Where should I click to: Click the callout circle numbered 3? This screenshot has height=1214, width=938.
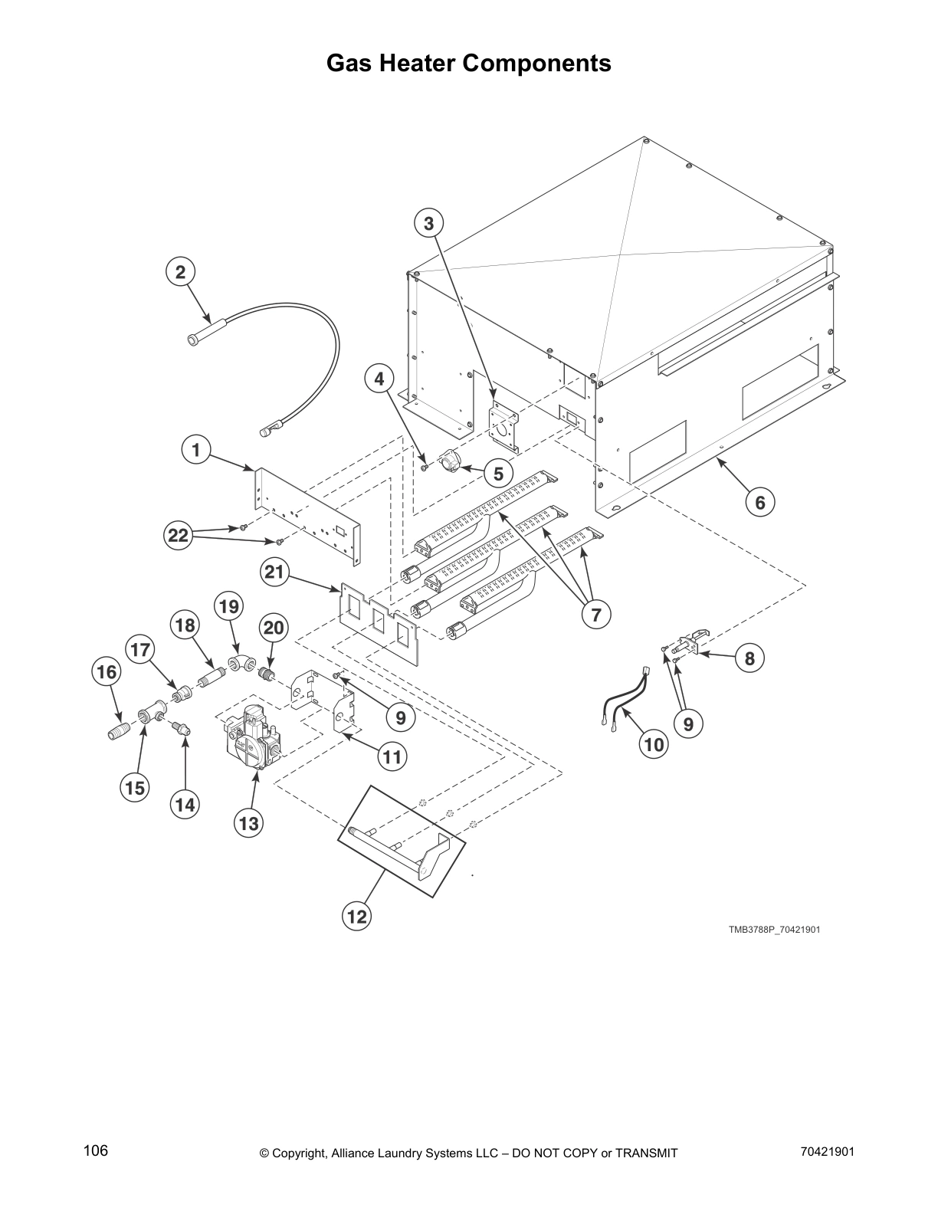(429, 224)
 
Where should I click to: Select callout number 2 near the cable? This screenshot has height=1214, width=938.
(181, 272)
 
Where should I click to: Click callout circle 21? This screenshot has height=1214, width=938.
(274, 571)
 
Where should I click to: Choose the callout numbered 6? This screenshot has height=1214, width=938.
(759, 503)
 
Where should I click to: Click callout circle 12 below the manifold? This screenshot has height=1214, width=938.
(357, 916)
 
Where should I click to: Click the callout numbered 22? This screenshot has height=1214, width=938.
(178, 536)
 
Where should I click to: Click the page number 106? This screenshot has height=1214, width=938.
(96, 1151)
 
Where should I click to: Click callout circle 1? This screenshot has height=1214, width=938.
(196, 450)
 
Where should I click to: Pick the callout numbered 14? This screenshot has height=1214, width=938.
(185, 805)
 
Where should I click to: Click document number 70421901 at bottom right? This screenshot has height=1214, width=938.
(826, 1152)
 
